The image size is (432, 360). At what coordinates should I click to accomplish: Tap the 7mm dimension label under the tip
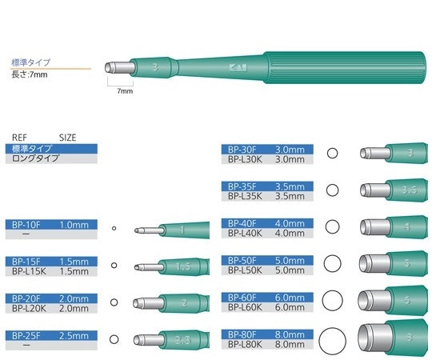(x=125, y=92)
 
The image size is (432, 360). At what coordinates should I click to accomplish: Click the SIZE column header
(x=68, y=138)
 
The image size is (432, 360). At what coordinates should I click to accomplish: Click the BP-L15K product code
(x=26, y=271)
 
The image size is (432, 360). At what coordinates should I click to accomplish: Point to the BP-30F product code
(x=242, y=149)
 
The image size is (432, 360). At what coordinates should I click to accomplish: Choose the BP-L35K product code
(x=244, y=195)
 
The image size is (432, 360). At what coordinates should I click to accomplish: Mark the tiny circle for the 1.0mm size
(x=114, y=229)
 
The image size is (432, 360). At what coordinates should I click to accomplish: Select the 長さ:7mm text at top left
(x=30, y=74)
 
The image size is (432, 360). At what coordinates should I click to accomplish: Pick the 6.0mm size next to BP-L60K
(x=289, y=307)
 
